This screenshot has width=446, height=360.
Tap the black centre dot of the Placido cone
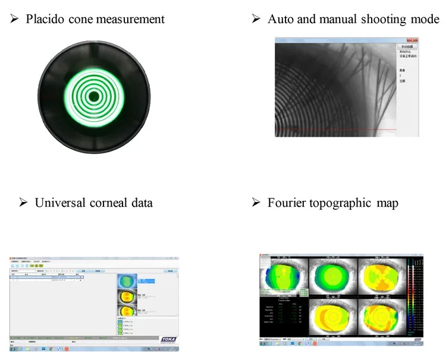pos(94,96)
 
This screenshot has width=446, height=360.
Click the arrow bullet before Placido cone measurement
pos(15,19)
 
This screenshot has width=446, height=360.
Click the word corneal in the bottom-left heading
pos(109,203)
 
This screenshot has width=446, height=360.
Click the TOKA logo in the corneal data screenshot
pos(169,338)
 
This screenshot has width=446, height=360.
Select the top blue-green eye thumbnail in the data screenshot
pos(126,279)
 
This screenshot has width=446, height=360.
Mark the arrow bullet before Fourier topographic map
pos(256,203)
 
